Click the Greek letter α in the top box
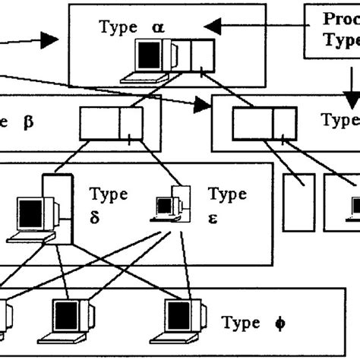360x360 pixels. pyautogui.click(x=157, y=28)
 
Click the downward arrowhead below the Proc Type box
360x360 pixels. pyautogui.click(x=351, y=99)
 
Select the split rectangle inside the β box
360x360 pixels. pyautogui.click(x=111, y=122)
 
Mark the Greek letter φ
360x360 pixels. pyautogui.click(x=279, y=322)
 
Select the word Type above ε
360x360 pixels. pyautogui.click(x=227, y=194)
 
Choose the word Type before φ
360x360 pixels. pyautogui.click(x=240, y=322)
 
